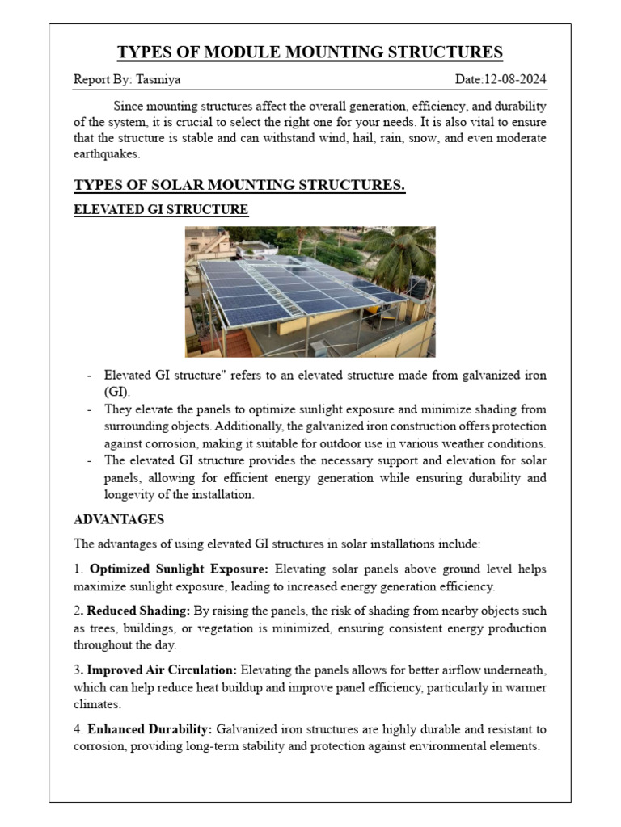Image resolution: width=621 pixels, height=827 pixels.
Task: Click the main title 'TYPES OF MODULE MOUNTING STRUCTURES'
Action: [310, 52]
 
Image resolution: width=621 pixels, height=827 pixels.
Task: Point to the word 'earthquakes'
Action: [107, 153]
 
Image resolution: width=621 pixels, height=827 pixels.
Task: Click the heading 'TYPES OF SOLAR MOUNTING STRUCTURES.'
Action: [239, 186]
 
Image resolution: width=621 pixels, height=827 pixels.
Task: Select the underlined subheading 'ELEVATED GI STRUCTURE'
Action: [161, 210]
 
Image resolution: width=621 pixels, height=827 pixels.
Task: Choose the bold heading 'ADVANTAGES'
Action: [119, 518]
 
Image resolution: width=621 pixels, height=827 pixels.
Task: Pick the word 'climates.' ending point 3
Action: [98, 704]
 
